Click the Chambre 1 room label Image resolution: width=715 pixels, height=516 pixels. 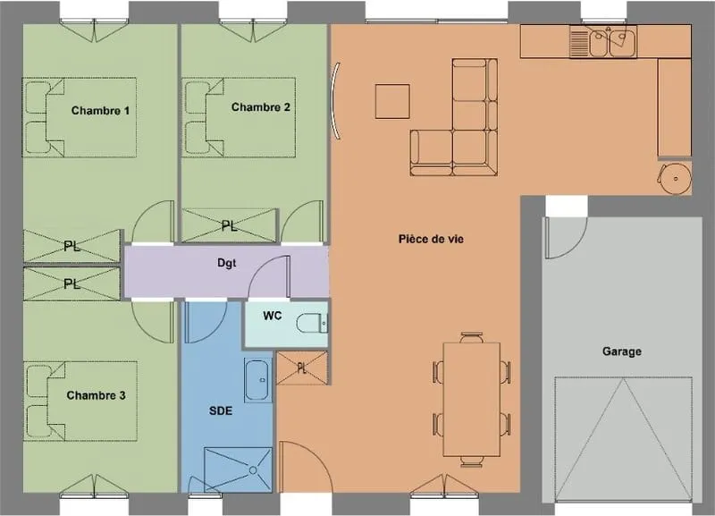(100, 111)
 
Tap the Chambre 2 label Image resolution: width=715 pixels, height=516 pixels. (260, 107)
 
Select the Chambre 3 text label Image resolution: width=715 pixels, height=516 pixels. (96, 395)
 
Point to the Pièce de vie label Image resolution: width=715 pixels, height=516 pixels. (431, 239)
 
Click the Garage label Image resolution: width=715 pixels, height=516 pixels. (621, 351)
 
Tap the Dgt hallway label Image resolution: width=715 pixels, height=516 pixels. (227, 263)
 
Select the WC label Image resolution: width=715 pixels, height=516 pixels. (273, 316)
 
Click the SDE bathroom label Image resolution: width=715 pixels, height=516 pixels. (221, 411)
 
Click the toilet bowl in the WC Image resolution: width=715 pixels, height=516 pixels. (312, 324)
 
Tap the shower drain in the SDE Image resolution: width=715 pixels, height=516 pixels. (253, 469)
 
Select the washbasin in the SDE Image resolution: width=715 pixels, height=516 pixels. (257, 380)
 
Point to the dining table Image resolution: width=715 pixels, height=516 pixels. (472, 399)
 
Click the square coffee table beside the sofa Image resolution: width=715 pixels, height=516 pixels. (392, 101)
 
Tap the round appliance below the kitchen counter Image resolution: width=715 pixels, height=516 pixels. (676, 178)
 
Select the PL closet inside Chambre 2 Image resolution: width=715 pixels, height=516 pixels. (230, 225)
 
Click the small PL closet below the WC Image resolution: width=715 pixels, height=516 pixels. (302, 368)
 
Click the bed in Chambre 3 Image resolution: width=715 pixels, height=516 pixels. (80, 401)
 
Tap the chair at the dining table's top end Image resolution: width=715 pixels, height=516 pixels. (472, 338)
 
